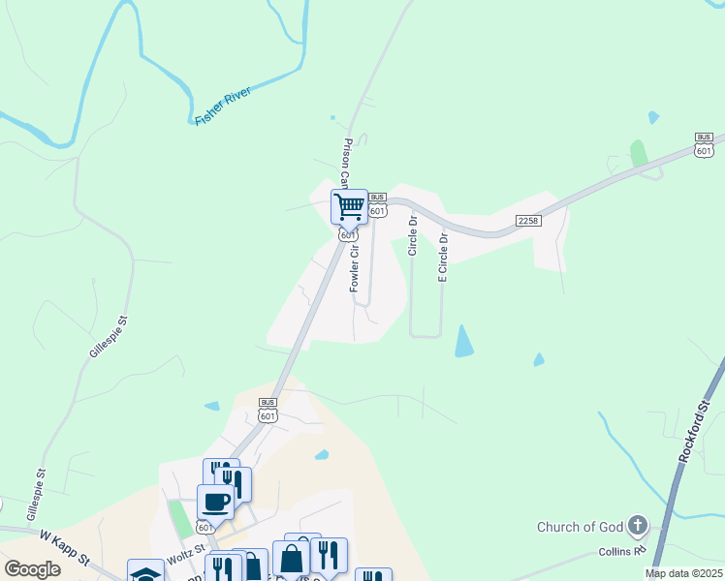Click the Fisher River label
[223, 106]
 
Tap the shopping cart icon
[349, 206]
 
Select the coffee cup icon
[215, 503]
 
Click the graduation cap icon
[146, 573]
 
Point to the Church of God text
[580, 527]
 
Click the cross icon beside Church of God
[637, 527]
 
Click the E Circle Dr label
[443, 257]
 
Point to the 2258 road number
[528, 221]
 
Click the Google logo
[32, 569]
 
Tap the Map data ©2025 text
[683, 573]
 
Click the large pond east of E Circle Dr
[464, 341]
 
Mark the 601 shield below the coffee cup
[205, 527]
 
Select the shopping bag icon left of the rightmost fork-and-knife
[291, 560]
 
